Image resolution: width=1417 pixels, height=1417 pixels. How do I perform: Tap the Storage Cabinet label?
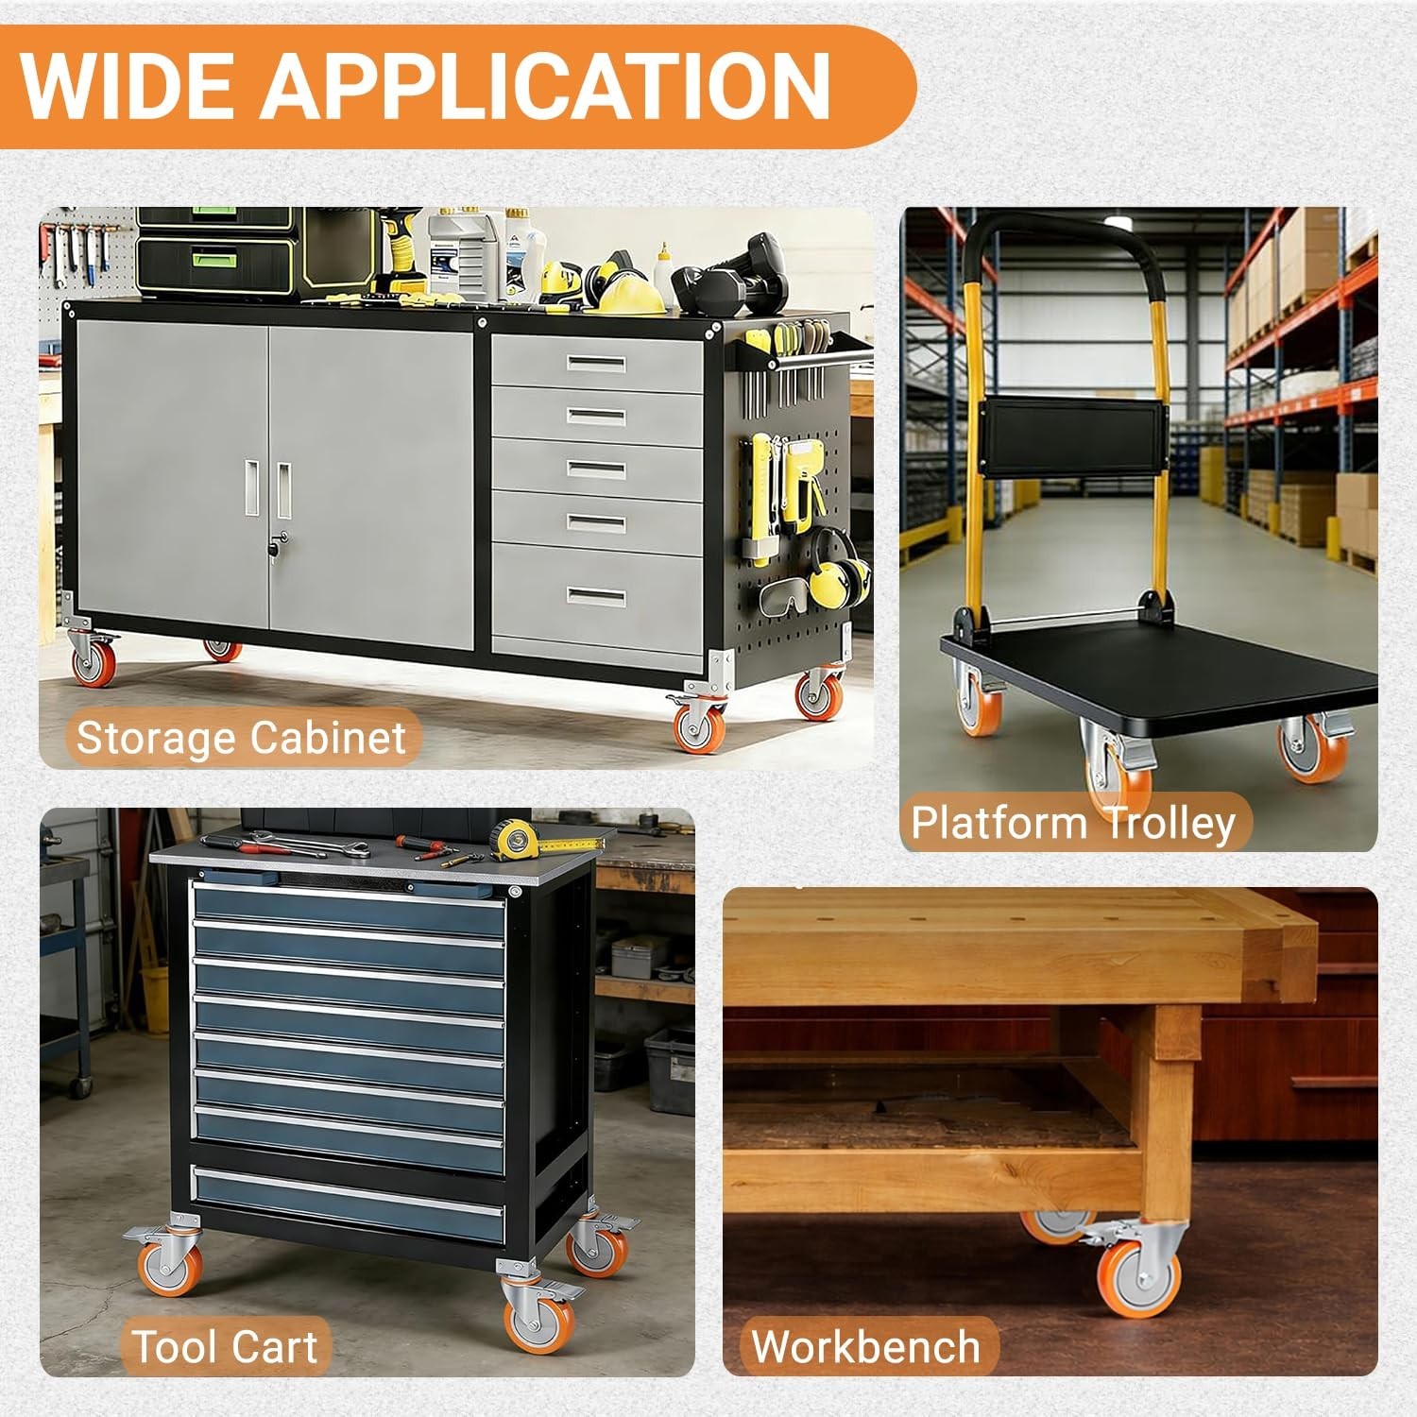tap(241, 737)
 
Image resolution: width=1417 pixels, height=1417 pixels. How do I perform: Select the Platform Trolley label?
tap(1073, 822)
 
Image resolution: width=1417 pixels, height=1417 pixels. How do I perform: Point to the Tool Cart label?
tap(225, 1345)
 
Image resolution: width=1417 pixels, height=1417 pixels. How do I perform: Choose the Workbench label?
tap(865, 1345)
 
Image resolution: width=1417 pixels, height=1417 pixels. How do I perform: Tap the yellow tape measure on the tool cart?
tap(514, 835)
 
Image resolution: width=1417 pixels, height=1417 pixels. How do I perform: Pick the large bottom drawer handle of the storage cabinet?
tap(596, 597)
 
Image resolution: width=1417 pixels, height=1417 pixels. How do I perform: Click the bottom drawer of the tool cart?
tap(348, 1205)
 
